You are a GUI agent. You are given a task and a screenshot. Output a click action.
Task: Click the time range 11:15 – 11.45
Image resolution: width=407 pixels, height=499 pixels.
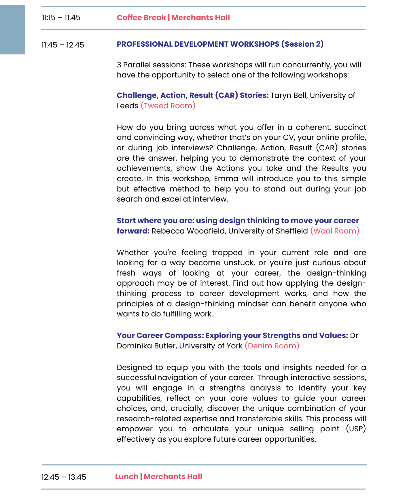61,18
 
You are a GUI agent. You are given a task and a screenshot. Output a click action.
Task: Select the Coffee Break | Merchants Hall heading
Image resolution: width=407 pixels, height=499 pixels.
173,18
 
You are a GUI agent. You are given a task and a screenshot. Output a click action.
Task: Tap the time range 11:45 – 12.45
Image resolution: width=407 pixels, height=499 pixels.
63,45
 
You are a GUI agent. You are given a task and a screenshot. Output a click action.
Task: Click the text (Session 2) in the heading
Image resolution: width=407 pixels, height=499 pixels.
302,44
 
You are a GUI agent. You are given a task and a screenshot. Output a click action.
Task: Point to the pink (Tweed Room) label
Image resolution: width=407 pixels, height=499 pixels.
168,106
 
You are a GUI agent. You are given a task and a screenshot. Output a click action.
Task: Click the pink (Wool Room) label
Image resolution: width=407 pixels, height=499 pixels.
335,231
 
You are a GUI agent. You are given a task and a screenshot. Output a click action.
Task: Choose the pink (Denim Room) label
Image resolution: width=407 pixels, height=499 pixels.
272,346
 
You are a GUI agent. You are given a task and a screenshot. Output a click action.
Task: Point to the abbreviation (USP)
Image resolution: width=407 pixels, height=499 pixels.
356,429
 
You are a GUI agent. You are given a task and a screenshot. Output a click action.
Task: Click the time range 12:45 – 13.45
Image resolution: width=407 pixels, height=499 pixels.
64,477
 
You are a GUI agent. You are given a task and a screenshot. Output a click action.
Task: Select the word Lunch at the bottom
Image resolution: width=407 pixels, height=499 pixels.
126,477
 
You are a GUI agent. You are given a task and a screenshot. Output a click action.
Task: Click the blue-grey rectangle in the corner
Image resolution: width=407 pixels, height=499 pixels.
12,30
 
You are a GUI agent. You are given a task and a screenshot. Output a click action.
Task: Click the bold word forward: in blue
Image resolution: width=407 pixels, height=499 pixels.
133,231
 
